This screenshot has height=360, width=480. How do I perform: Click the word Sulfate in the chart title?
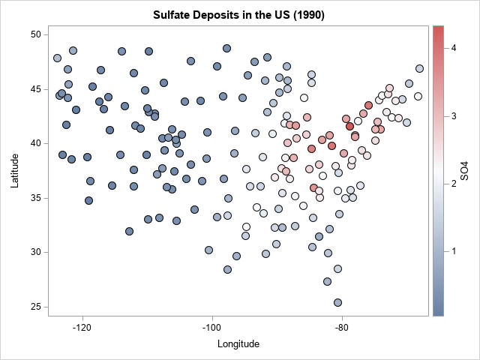[173, 15]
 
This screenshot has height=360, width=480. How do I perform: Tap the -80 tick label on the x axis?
[343, 328]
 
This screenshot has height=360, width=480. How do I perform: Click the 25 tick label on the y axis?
[35, 307]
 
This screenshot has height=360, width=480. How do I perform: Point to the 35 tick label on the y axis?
[35, 198]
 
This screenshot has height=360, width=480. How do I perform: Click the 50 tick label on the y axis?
[35, 34]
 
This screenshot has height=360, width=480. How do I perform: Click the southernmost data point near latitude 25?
[338, 302]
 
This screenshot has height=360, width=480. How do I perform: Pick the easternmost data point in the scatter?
[419, 68]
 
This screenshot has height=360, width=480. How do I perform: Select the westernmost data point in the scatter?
[57, 58]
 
